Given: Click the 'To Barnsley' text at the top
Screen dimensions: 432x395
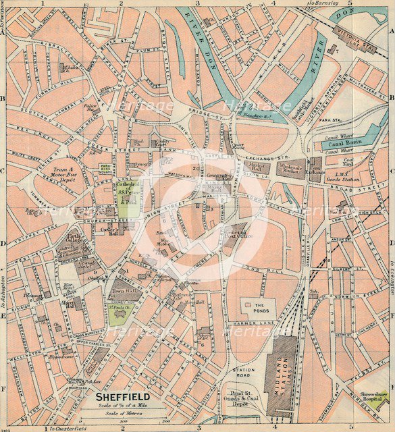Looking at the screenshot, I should pos(321,4).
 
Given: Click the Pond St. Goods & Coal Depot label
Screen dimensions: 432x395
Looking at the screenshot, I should pos(240,402).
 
